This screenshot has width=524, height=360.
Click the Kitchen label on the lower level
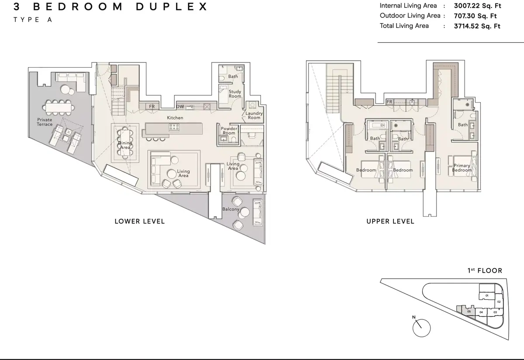[x=175, y=118]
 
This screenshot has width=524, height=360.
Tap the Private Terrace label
[x=45, y=122]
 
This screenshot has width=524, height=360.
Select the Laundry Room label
[x=254, y=115]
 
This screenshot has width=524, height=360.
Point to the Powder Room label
[x=229, y=131]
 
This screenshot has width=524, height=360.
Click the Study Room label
[x=234, y=94]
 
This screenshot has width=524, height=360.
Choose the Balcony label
[x=231, y=209]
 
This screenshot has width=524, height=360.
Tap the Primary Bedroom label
[x=462, y=168]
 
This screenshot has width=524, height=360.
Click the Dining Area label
[x=125, y=145]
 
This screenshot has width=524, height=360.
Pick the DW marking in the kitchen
[x=180, y=107]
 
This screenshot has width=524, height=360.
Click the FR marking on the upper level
[x=390, y=102]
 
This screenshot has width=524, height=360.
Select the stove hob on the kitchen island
[x=174, y=127]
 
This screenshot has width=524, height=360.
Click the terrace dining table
[x=59, y=108]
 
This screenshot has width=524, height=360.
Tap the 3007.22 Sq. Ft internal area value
[x=477, y=6]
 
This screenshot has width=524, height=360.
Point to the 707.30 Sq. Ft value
[x=475, y=16]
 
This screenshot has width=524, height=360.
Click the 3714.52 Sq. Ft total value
[x=477, y=26]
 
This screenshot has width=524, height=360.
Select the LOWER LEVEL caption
[x=140, y=222]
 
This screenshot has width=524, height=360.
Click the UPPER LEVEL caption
[x=390, y=222]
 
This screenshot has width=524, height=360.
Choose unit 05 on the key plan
[x=469, y=312]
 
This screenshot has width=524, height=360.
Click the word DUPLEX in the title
[x=172, y=7]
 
